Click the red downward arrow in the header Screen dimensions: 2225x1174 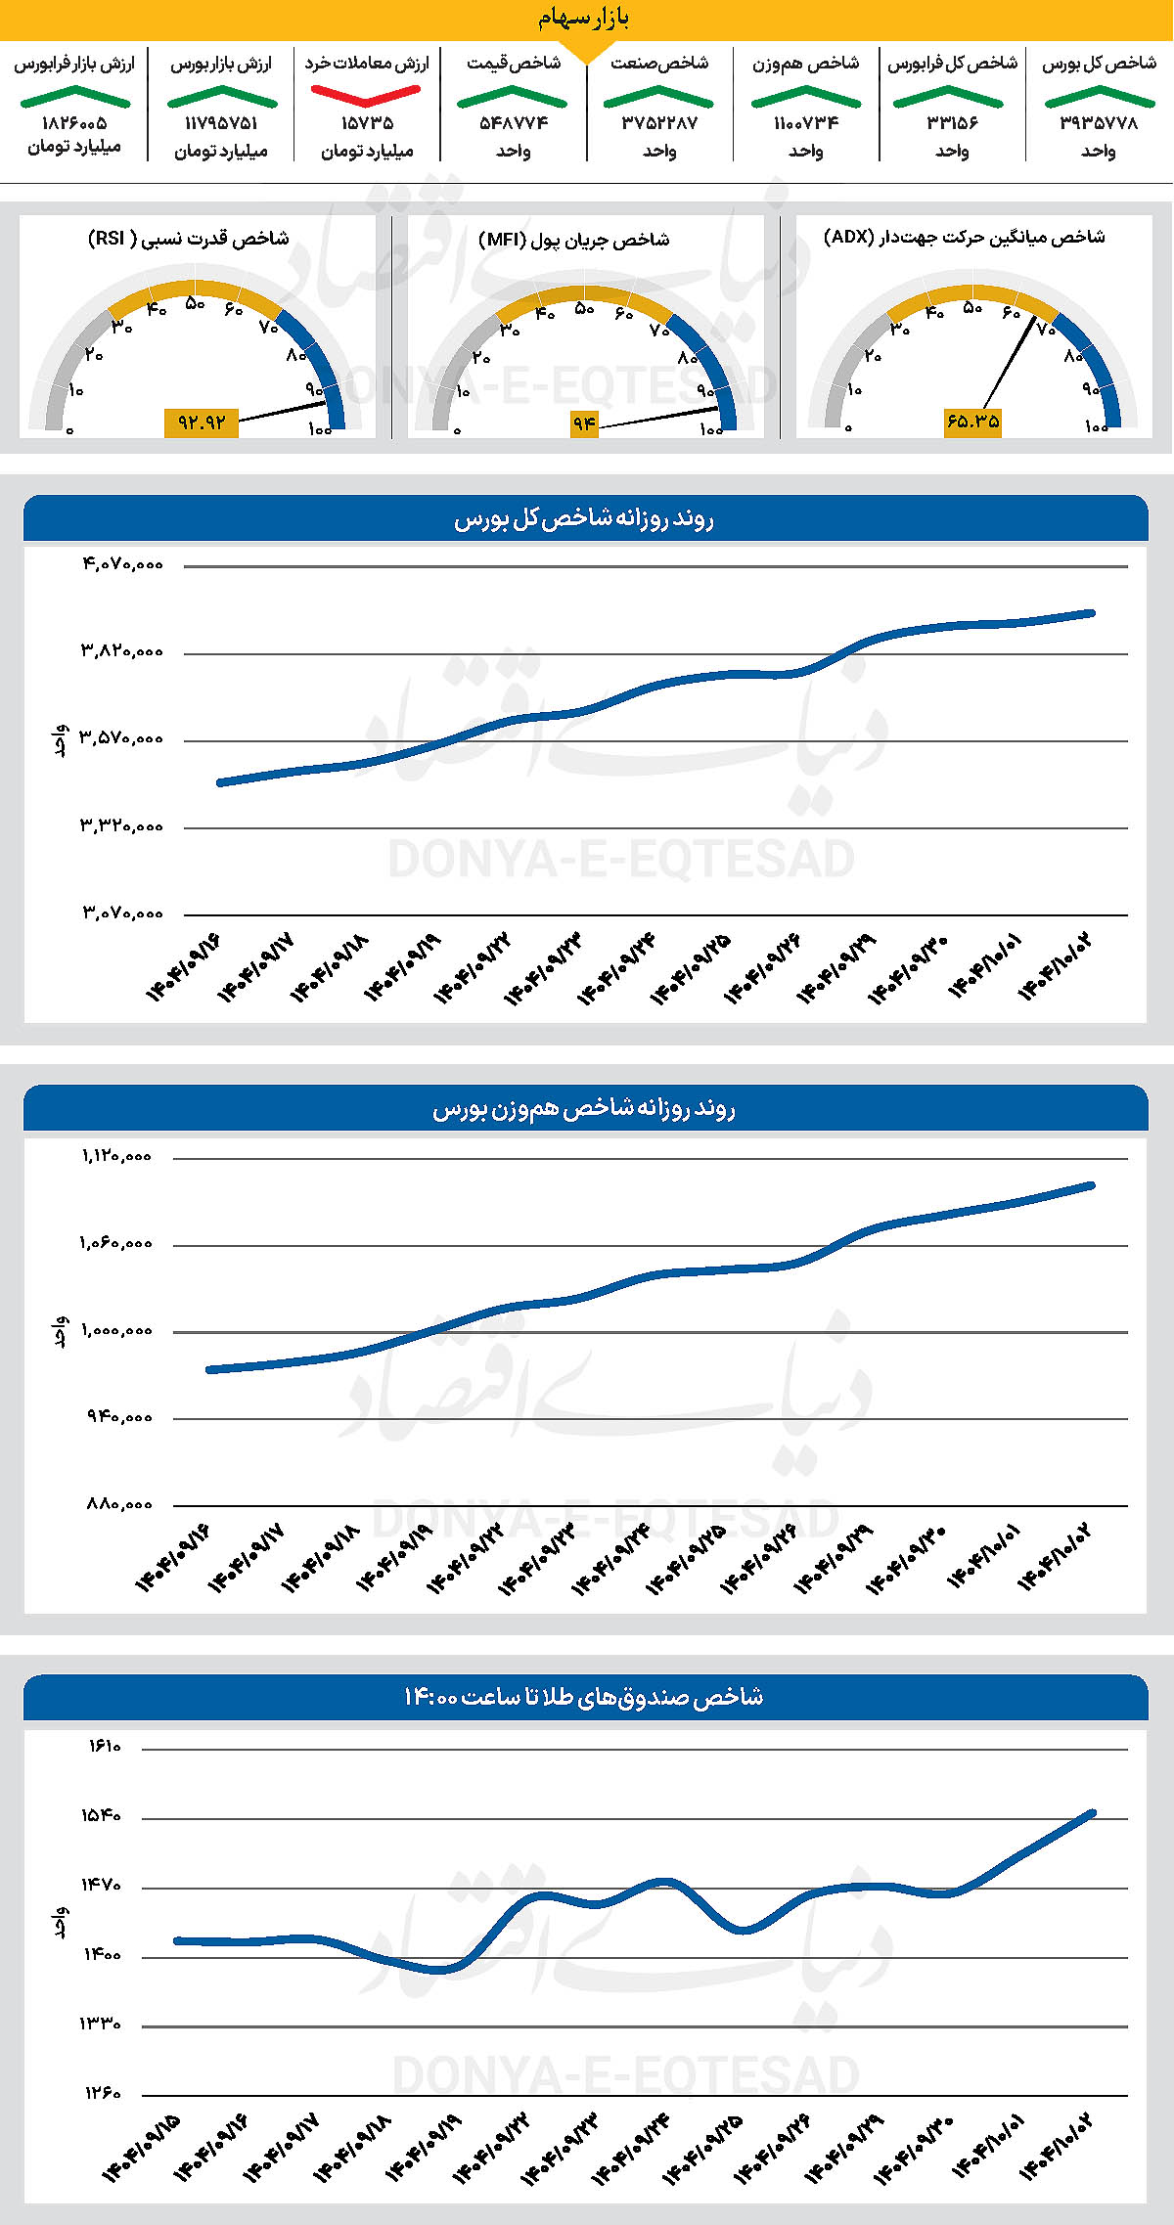click(x=366, y=95)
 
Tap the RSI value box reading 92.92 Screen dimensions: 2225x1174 click(x=202, y=423)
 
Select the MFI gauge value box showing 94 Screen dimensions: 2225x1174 click(x=584, y=423)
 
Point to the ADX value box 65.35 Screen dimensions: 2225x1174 click(x=972, y=422)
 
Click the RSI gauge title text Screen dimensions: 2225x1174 click(x=189, y=239)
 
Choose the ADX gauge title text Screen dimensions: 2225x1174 click(x=965, y=238)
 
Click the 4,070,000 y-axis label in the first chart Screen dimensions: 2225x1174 click(x=122, y=564)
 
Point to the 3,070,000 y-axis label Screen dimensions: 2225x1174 click(x=122, y=913)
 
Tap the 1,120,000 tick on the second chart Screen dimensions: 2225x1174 click(x=116, y=1156)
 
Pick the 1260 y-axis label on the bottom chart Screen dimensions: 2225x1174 click(x=102, y=2095)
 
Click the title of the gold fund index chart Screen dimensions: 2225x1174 click(x=584, y=1697)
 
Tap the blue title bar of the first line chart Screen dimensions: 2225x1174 click(x=585, y=518)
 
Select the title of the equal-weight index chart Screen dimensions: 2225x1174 click(x=584, y=1109)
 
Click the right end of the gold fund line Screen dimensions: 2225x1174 click(x=1092, y=1813)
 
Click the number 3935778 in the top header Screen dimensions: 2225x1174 click(x=1099, y=123)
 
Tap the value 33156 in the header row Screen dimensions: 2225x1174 click(x=952, y=123)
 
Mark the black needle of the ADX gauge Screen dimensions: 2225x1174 click(x=1008, y=366)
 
